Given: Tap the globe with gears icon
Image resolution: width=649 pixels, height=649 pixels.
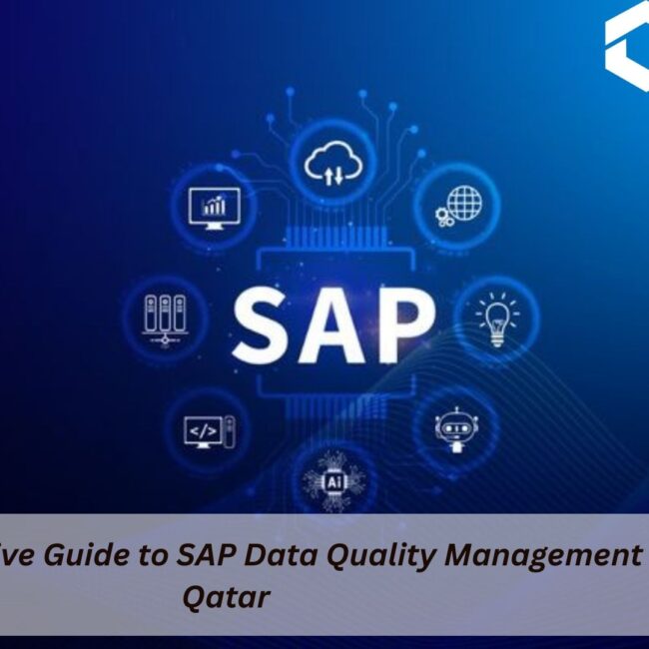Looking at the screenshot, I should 456,204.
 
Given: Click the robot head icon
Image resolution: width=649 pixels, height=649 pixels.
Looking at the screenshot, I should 451,427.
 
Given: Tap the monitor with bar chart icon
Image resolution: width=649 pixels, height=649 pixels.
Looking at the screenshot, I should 213,208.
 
